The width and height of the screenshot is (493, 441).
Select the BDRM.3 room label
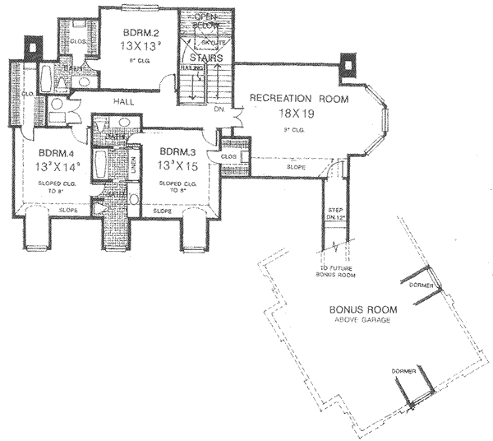click(x=176, y=151)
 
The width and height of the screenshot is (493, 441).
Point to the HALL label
click(x=126, y=101)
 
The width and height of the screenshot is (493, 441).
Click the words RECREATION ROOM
click(x=299, y=100)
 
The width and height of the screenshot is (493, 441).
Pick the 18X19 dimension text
click(x=298, y=114)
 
